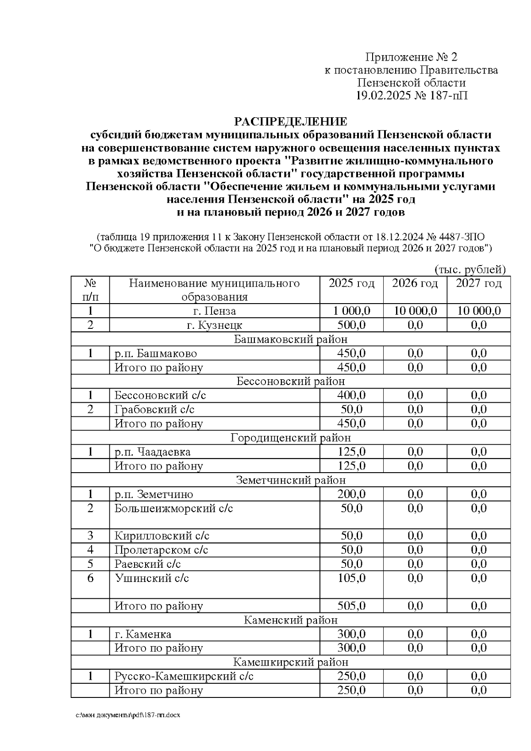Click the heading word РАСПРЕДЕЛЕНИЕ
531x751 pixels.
point(290,122)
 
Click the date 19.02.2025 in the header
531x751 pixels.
point(383,96)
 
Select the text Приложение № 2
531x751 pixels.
point(411,57)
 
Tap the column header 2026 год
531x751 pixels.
point(415,284)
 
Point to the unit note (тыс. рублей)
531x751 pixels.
point(470,269)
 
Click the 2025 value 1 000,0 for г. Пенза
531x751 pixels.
point(351,311)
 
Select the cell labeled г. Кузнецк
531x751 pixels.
point(215,325)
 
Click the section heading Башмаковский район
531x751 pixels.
point(290,339)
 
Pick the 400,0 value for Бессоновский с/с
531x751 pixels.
point(351,395)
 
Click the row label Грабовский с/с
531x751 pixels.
point(154,409)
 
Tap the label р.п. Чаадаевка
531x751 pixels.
point(153,452)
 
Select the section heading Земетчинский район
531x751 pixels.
point(290,480)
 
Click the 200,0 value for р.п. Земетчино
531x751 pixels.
point(351,494)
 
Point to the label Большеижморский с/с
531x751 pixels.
point(173,508)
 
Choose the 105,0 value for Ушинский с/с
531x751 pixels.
point(351,578)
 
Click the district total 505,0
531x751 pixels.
point(351,606)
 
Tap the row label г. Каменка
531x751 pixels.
point(143,634)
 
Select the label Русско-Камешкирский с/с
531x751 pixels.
point(184,676)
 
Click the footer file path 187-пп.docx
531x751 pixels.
point(128,716)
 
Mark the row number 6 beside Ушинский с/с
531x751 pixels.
point(90,578)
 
